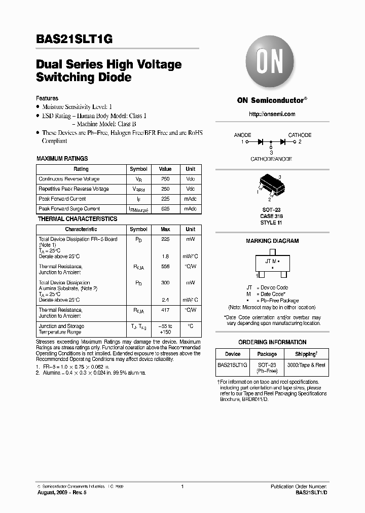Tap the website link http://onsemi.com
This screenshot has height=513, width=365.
[272, 114]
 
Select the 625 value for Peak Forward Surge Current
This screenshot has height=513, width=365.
[165, 209]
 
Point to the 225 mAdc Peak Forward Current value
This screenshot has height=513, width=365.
[165, 199]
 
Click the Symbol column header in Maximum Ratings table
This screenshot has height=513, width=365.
[138, 169]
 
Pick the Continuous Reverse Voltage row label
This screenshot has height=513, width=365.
[69, 179]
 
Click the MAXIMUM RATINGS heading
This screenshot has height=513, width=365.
[62, 159]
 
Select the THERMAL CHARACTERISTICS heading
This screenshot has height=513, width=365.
[78, 219]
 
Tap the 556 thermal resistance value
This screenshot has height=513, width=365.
[165, 266]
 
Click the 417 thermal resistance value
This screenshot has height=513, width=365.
[165, 310]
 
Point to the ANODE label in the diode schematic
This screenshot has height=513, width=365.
[242, 135]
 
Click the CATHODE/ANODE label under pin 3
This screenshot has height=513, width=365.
[271, 159]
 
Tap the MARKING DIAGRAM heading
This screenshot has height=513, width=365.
[272, 241]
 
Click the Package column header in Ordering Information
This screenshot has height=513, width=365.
[267, 354]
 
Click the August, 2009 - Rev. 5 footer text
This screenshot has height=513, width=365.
[62, 492]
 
